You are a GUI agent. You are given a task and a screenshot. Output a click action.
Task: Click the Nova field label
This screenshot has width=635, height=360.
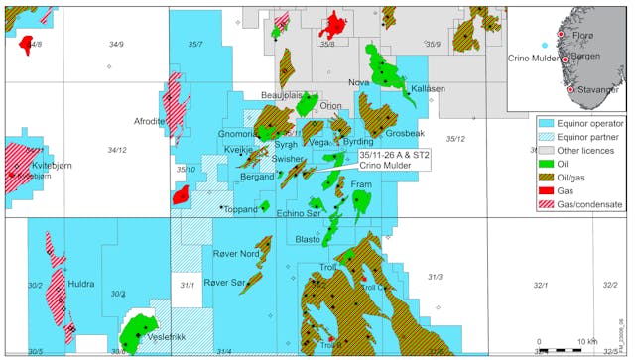click(x=359, y=82)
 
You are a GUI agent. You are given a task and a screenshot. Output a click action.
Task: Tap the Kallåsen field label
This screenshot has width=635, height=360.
click(x=428, y=88)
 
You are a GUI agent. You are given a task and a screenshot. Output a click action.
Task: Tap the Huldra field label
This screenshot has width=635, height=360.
click(x=80, y=284)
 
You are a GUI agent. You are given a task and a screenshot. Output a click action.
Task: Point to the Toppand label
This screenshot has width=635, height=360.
click(x=241, y=209)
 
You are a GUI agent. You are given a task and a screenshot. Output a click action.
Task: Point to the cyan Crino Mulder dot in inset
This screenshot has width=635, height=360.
click(x=543, y=47)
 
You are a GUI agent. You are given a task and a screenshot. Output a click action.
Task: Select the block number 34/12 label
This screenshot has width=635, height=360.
click(x=116, y=150)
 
